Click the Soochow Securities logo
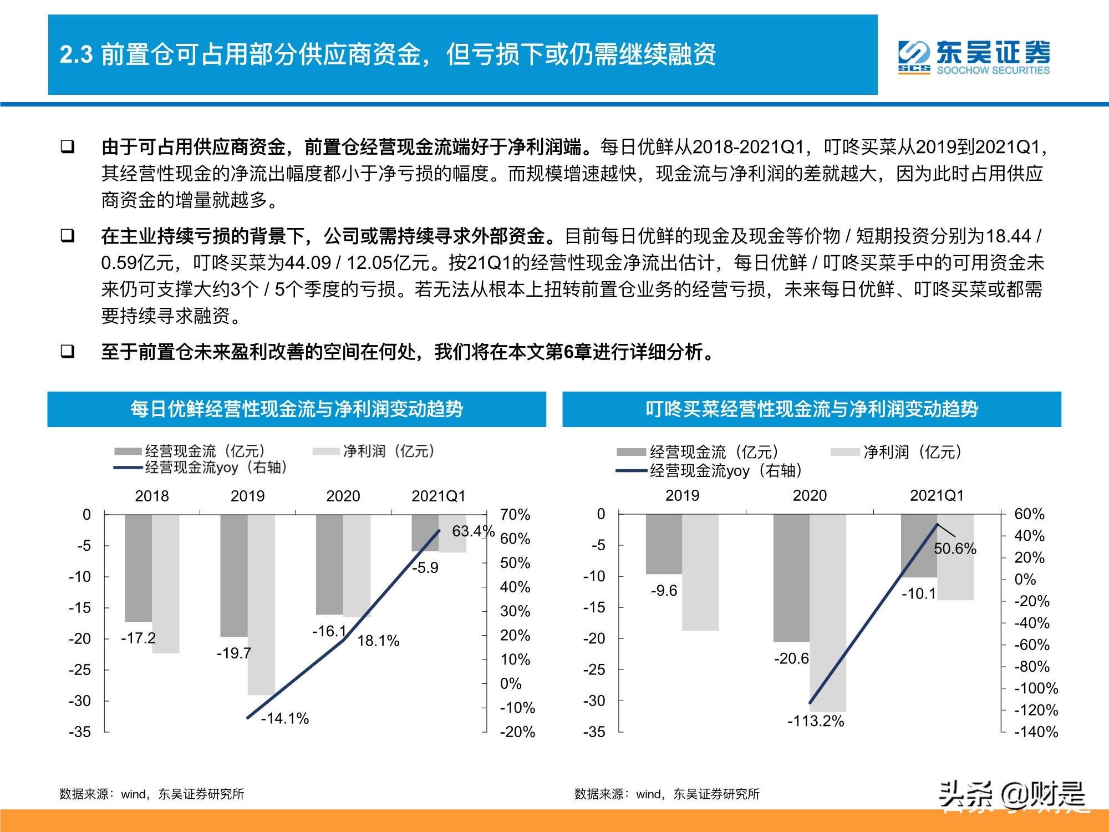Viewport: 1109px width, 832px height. point(974,57)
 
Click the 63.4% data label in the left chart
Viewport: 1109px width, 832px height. point(472,531)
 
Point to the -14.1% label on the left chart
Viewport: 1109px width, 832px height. point(284,718)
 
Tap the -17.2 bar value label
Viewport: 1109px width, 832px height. point(138,638)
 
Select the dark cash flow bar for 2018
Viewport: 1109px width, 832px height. point(138,568)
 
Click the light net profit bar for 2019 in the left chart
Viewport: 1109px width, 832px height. point(261,605)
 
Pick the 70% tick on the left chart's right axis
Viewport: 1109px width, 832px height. point(515,515)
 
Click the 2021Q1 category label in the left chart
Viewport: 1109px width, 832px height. point(438,496)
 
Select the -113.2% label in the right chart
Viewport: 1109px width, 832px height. point(816,721)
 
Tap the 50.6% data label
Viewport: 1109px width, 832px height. point(955,549)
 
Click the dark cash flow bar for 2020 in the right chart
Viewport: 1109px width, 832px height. point(791,578)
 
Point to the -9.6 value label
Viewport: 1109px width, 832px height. point(664,590)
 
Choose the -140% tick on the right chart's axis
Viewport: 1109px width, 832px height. point(1036,732)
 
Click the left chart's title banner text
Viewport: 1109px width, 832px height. point(297,409)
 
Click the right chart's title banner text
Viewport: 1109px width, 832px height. point(812,409)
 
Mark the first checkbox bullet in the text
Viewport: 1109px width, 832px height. point(68,147)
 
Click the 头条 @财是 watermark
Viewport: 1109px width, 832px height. point(1011,796)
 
